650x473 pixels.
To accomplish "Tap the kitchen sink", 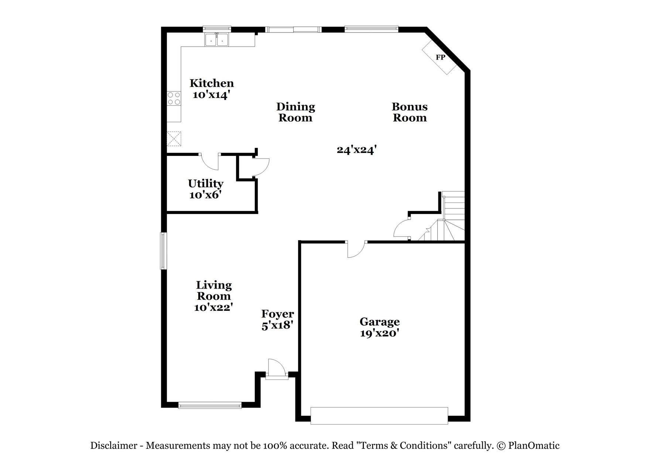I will coord(217,39).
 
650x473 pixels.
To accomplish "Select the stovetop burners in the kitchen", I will coord(174,98).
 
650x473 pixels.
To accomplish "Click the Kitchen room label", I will coord(212,83).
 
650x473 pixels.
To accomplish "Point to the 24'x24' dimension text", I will coord(356,150).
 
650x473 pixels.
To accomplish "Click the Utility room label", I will coord(206,184).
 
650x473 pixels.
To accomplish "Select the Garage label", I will coord(380,321).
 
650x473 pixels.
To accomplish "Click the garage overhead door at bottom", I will coord(379,415).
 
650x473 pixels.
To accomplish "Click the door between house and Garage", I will coord(356,249).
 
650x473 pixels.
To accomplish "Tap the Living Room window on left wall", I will coord(163,251).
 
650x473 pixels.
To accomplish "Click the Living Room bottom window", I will coord(210,405).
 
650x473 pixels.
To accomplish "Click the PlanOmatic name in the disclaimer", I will coord(534,446).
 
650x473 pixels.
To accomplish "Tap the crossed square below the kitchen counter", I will coord(174,139).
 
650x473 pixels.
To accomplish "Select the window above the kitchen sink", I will coord(217,28).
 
